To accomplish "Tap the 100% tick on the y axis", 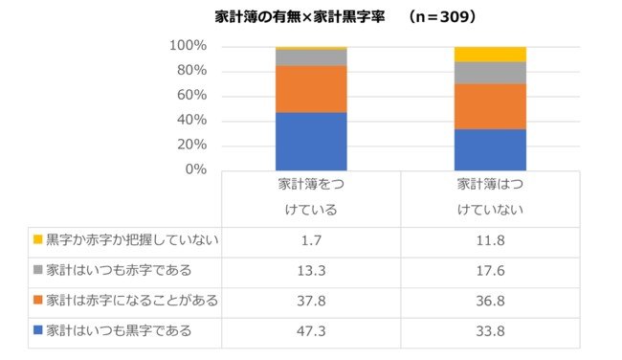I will click(188, 46).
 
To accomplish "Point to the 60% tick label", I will click(191, 96).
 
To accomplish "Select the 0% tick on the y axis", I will click(195, 169).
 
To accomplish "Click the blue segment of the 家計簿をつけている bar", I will click(311, 141).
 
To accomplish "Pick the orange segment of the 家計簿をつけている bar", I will click(311, 89).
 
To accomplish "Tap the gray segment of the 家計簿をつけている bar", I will click(311, 57).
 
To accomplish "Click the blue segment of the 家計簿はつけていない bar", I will click(490, 148).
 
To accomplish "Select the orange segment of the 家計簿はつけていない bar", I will click(490, 106).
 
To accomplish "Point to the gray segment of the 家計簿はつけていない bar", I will click(490, 73).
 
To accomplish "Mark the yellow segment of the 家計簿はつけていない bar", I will click(490, 54).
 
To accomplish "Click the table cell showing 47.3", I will click(311, 331).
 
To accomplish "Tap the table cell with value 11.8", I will click(490, 239).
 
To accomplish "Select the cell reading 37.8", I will click(311, 301).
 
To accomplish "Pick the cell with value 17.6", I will click(490, 270).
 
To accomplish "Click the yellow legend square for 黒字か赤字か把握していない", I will click(37, 239).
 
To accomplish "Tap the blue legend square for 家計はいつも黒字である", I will click(37, 331).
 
